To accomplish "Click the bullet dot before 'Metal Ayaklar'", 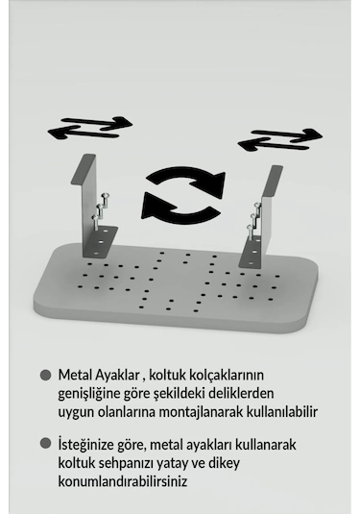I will point(45,375).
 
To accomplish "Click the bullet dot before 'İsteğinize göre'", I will point(45,444).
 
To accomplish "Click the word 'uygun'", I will point(77,411).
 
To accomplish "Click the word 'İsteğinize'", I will point(90,445).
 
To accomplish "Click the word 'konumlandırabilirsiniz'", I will point(126,481).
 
